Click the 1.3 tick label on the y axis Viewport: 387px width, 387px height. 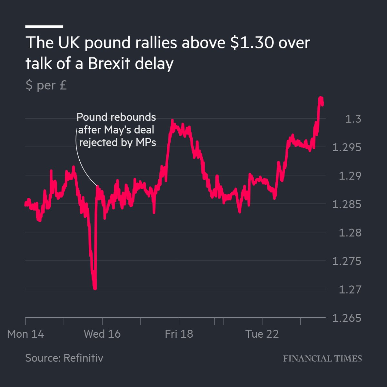[353, 119]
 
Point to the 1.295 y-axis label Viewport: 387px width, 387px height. [347, 147]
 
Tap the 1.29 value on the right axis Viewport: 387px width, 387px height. [350, 176]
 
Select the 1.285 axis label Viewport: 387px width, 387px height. [347, 204]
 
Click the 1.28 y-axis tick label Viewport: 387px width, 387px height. [350, 233]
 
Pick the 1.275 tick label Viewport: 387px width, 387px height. [347, 261]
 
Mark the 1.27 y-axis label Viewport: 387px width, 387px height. [350, 289]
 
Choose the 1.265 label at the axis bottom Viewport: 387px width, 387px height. [347, 318]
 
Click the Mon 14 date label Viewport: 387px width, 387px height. [25, 334]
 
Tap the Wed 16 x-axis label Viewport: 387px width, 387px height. [102, 334]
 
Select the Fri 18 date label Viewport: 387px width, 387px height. [179, 334]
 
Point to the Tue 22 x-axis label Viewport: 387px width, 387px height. [262, 334]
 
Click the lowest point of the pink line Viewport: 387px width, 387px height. [95, 288]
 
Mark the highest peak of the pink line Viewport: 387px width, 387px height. [321, 98]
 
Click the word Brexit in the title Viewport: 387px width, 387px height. [108, 64]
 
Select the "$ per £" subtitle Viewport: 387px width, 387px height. [46, 85]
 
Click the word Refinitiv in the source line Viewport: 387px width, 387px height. [83, 358]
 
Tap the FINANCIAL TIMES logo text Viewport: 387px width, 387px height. [322, 359]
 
